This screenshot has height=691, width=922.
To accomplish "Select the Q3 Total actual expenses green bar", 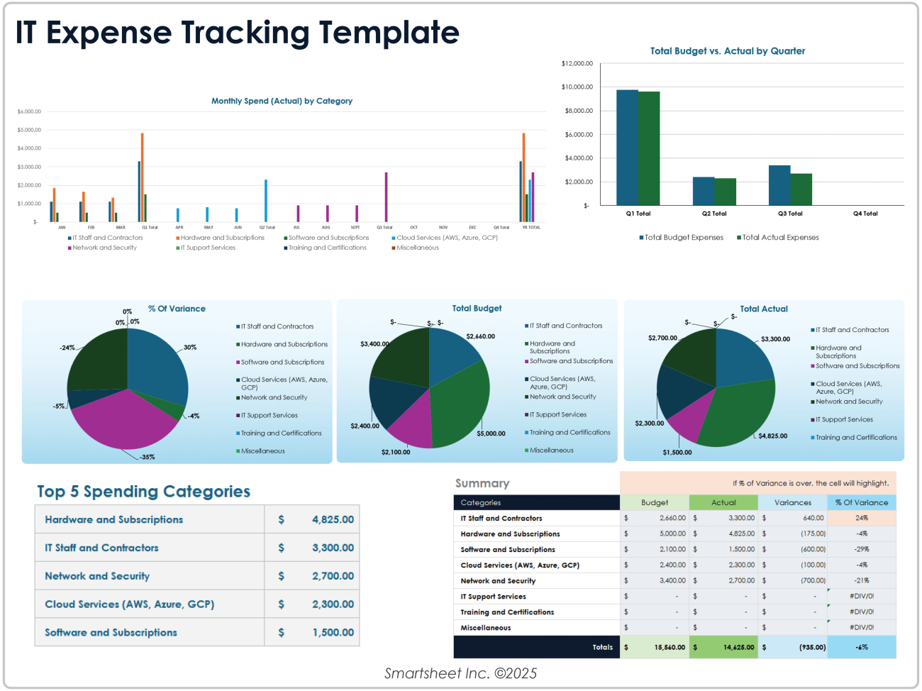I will point(801,189).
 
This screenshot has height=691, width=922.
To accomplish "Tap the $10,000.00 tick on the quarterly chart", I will point(577,87).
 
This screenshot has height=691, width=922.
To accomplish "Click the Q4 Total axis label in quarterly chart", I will point(865,214).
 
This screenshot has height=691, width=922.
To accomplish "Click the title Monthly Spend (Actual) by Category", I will point(282,101).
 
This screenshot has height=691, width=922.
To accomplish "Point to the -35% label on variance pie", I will point(148,458).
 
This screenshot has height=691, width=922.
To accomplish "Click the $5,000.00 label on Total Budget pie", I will point(491,433).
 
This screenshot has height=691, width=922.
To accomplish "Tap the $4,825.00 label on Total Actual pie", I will point(772,436).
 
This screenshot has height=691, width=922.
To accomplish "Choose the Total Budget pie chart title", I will point(477,309).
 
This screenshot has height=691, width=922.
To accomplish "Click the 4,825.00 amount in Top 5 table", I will point(333,520).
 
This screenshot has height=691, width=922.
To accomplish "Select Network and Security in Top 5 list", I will point(97,577).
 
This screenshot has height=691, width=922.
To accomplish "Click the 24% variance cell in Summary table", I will point(861,519).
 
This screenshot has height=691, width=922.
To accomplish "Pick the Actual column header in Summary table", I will point(723,503).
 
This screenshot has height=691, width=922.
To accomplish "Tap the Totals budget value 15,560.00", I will point(670,648).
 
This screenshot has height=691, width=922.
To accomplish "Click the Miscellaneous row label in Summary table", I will point(485,628).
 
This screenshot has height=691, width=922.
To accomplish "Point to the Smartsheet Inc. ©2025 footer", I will point(460,674).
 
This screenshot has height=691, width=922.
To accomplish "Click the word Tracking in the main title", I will point(245,33).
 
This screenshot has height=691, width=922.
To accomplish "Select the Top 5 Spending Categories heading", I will point(143,492).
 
